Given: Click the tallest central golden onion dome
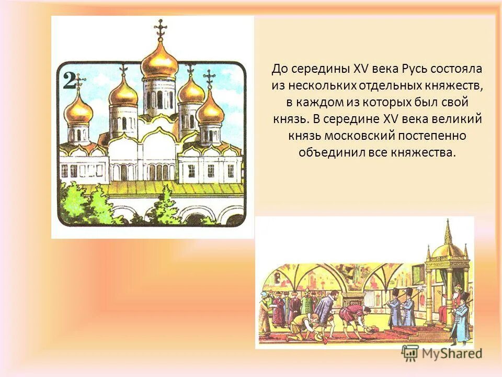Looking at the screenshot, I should point(159,62).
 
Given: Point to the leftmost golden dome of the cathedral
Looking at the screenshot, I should point(78,110).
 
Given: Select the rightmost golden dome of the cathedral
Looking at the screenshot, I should point(211,110).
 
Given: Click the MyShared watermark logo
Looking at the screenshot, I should point(442,353).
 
